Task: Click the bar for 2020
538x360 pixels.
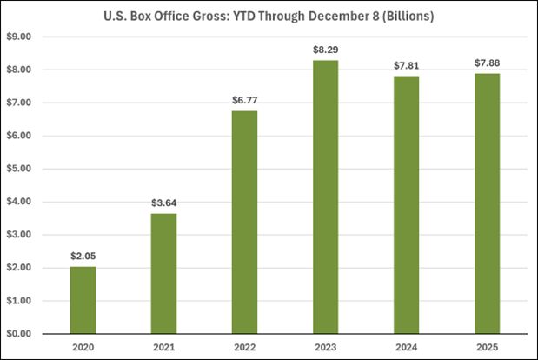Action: [x=83, y=300]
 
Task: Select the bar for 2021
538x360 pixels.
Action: [x=163, y=273]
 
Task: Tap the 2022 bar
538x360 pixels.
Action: [x=245, y=222]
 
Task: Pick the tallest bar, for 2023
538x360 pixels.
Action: [x=326, y=197]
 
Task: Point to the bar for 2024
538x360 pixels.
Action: [x=407, y=204]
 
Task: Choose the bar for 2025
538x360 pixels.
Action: [x=488, y=203]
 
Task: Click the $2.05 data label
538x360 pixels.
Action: [x=83, y=257]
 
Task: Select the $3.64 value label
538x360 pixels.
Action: [x=163, y=204]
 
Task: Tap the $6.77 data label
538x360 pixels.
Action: [x=245, y=101]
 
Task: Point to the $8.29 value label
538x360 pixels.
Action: [x=326, y=50]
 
